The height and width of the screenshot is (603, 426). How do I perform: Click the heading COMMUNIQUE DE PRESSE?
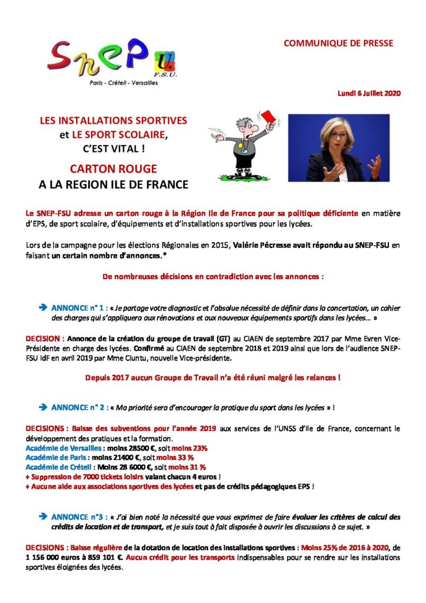338,44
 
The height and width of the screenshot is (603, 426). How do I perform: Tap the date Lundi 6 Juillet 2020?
369,94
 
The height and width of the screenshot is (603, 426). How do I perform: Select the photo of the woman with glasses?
338,148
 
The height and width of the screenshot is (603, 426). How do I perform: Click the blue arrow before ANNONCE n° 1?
42,307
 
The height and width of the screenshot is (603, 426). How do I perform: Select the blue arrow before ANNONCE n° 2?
42,407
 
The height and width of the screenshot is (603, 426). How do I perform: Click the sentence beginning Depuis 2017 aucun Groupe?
213,377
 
